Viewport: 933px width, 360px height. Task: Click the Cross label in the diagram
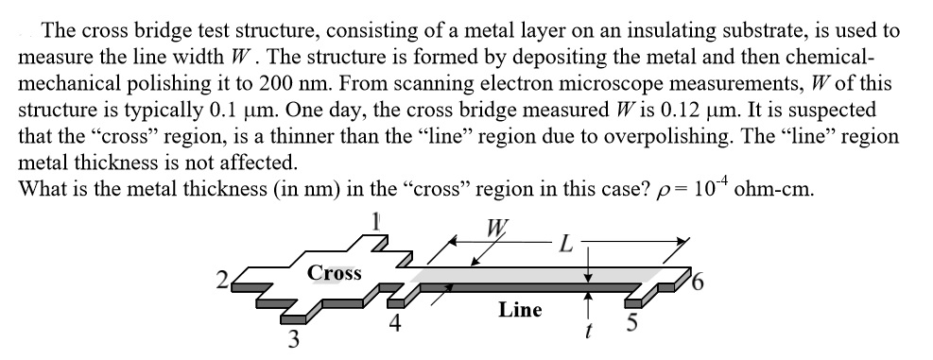click(x=335, y=272)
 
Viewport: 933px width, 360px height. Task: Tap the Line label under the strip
click(x=519, y=310)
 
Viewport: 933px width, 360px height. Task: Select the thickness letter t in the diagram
click(x=588, y=333)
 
